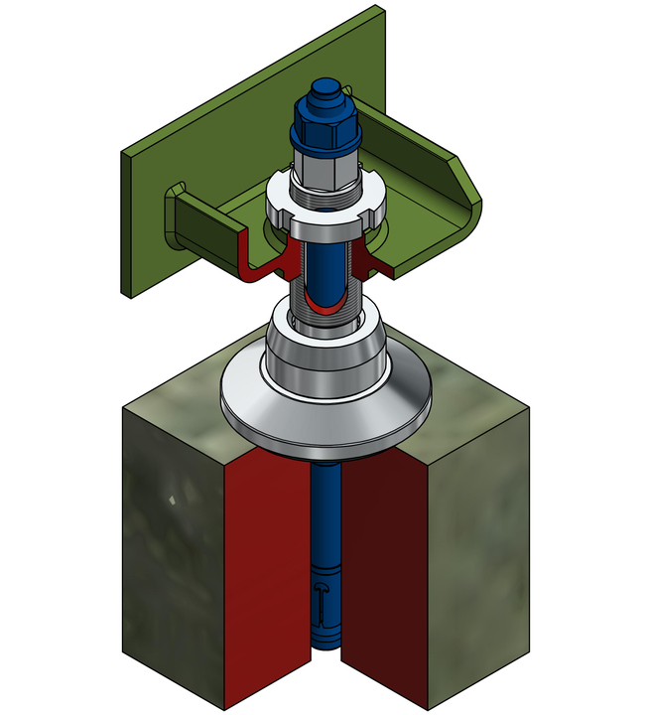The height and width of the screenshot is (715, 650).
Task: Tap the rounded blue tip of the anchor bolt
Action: pos(324,97)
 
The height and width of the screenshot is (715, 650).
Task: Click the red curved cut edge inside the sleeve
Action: pos(325,300)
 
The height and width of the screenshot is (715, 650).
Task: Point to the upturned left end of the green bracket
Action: pos(179,214)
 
